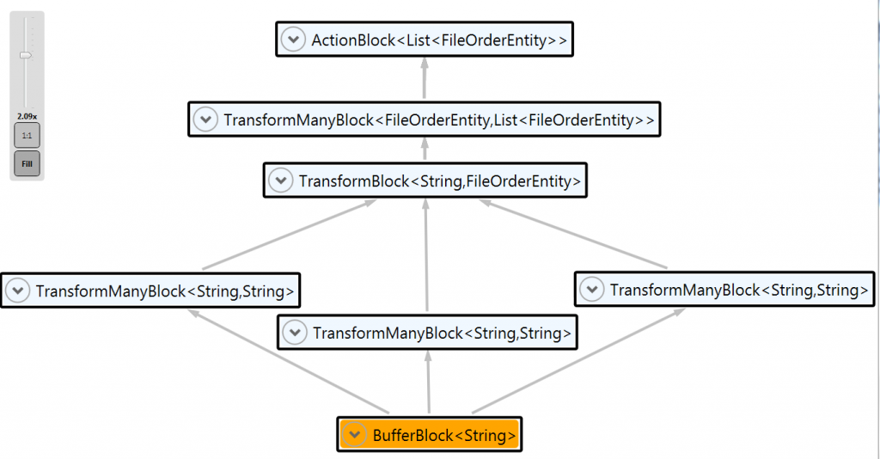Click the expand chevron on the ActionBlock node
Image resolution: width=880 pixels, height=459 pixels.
coord(294,40)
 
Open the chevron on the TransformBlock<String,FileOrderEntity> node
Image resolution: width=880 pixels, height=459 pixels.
coord(281,181)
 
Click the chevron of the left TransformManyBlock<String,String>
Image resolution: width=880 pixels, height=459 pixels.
coord(18,291)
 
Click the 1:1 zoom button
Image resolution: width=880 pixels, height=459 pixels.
coord(27,136)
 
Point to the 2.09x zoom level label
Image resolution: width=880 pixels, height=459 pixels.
coord(27,115)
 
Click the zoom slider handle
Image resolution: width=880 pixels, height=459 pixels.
coord(26,55)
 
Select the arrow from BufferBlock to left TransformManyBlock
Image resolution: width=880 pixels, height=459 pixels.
coord(292,362)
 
